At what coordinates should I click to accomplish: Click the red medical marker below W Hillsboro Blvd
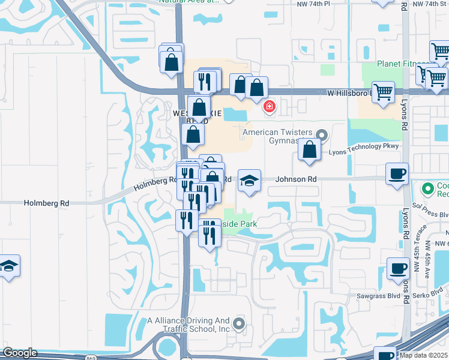(x=270, y=107)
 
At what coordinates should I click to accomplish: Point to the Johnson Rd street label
(x=296, y=179)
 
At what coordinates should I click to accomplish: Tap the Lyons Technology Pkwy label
(x=359, y=152)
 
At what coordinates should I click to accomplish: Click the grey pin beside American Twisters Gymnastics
(x=322, y=134)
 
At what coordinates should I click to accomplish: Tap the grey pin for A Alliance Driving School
(x=239, y=325)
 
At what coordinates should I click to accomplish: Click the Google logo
(x=19, y=353)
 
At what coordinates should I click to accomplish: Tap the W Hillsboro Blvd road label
(x=349, y=94)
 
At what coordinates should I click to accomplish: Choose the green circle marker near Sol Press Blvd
(x=429, y=190)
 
